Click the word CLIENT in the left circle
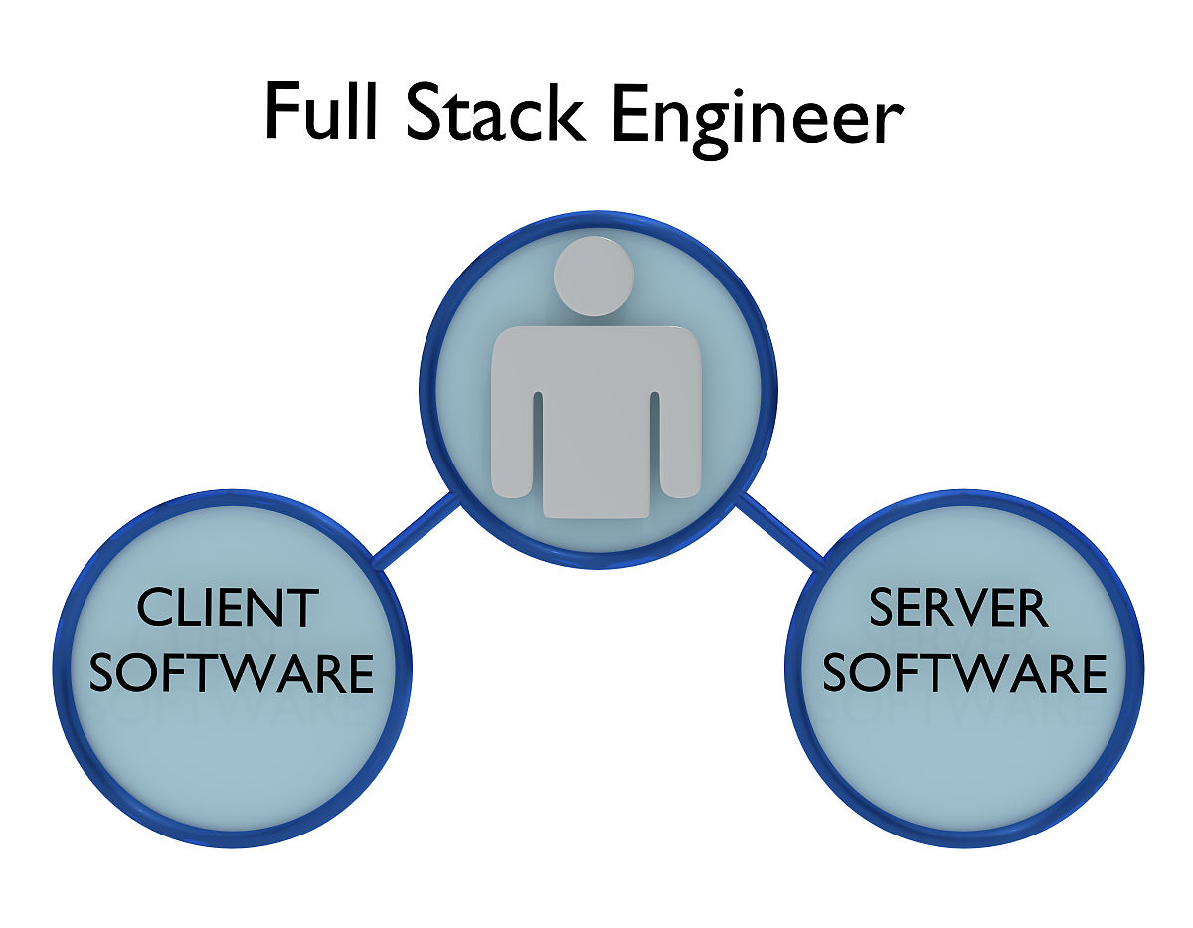tap(228, 608)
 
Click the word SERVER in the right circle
tap(958, 608)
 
